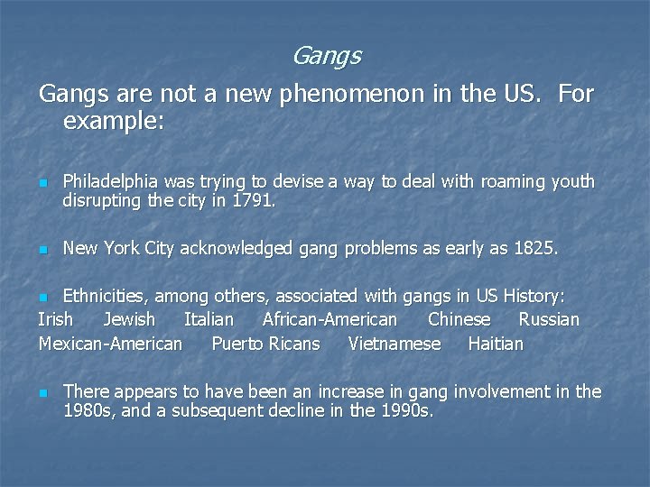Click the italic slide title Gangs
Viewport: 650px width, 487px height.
click(326, 57)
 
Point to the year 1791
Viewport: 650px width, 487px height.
click(252, 201)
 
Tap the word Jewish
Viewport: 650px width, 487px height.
click(129, 319)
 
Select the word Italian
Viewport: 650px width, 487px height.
click(209, 319)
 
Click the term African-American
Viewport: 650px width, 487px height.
click(330, 319)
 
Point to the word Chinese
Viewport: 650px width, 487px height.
click(460, 319)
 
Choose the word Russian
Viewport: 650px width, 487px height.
click(549, 319)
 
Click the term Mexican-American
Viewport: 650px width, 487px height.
click(110, 344)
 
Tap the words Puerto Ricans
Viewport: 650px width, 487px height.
click(265, 344)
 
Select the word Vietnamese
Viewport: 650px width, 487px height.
click(395, 344)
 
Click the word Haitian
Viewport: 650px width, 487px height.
click(496, 344)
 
